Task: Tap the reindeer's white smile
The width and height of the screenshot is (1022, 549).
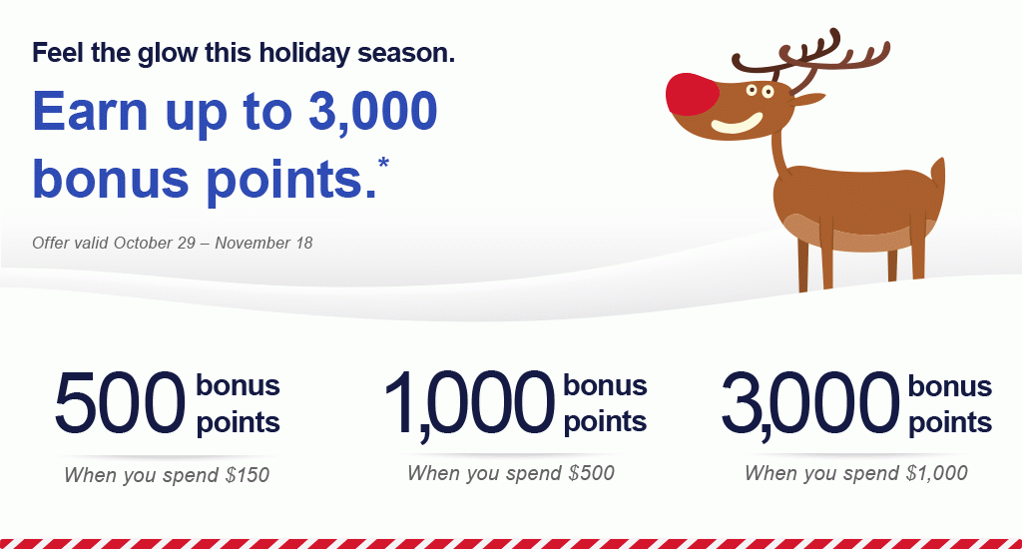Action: pos(738,123)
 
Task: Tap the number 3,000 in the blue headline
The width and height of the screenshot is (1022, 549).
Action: pos(372,111)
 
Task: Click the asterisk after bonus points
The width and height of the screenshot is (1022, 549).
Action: pos(383,162)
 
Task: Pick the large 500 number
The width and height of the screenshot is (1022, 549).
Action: pos(121,402)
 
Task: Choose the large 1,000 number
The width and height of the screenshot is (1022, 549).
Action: pos(469,404)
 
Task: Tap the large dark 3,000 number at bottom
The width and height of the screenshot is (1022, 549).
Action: pos(810,404)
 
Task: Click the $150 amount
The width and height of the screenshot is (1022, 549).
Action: pos(248,475)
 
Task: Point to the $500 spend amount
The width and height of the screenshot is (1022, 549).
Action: pos(591,473)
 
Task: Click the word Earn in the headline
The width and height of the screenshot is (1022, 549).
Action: pos(91,111)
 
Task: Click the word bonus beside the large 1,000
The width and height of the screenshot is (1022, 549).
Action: pos(605,385)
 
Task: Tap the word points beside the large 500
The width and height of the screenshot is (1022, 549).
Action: pos(238,422)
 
